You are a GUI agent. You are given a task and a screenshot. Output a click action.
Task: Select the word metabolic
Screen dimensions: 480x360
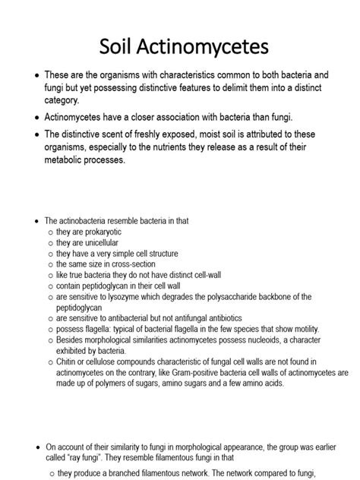pos(69,160)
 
